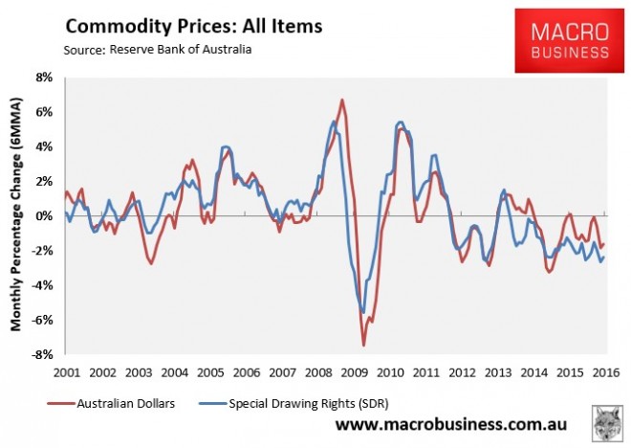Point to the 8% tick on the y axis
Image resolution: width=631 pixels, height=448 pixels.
46,78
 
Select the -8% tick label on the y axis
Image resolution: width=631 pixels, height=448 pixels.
44,355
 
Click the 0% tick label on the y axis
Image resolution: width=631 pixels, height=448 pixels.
46,216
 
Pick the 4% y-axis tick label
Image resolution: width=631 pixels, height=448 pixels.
46,146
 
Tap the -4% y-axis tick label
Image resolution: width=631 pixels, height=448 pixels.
44,285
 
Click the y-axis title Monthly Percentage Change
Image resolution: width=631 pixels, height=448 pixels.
16,215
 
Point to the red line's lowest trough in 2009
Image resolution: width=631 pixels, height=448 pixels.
363,345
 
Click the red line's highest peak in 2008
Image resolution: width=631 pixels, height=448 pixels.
342,100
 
